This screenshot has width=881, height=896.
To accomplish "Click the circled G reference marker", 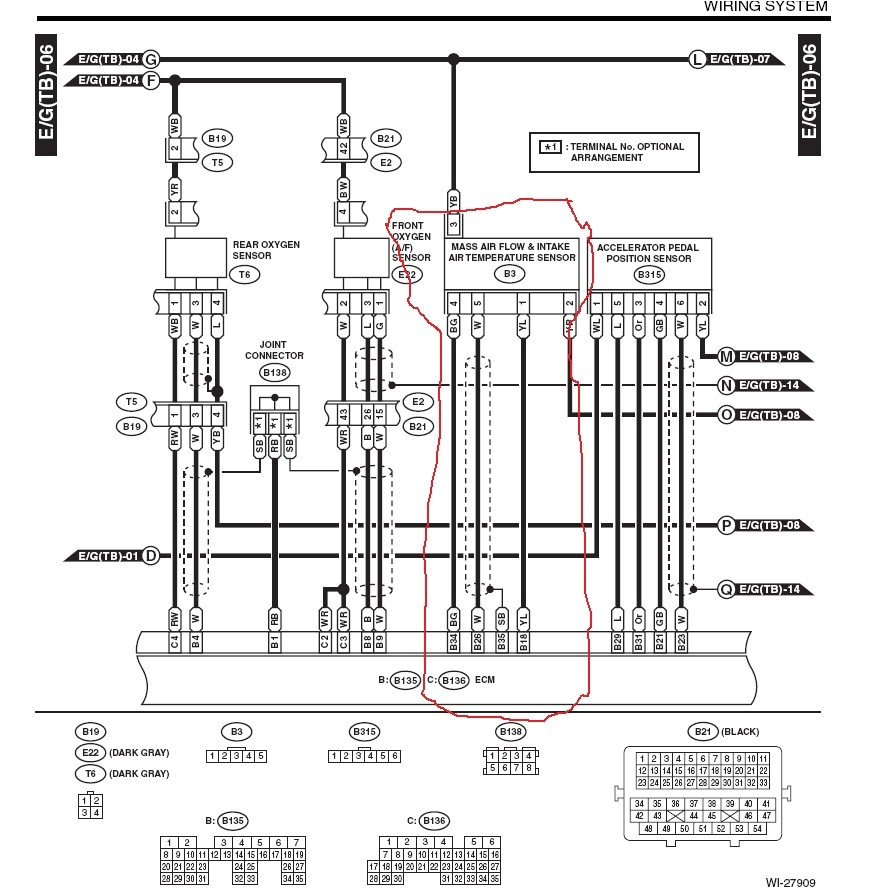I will pos(151,59).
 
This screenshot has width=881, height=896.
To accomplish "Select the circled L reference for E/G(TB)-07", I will pos(697,59).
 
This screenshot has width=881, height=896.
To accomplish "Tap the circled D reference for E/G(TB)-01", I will pos(151,555).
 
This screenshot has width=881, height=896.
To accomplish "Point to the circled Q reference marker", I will pos(726,589).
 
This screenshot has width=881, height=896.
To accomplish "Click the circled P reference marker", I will pos(726,524).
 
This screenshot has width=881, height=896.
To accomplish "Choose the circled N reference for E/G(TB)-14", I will pos(726,385).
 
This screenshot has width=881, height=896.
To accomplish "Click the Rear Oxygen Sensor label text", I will pos(266,249).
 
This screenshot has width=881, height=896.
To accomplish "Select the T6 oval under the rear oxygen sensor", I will pos(243,273).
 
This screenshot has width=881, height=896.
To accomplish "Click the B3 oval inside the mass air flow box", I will pos(510,273).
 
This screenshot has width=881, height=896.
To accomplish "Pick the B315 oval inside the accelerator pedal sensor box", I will pos(649,274).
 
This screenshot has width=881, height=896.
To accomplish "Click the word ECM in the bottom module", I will pos(487,680).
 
